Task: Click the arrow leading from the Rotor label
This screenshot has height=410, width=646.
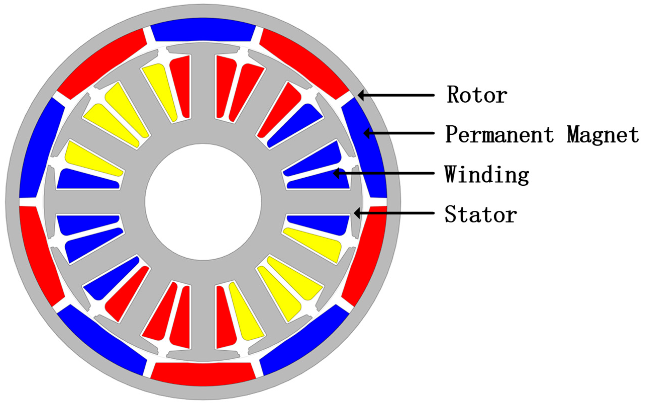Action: point(396,95)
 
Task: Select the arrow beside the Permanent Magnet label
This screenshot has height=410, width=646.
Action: point(399,133)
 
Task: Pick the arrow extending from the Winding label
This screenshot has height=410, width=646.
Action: point(384,173)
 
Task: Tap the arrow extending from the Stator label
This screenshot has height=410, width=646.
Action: point(394,213)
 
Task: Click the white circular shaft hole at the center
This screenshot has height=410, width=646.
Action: point(203,202)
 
